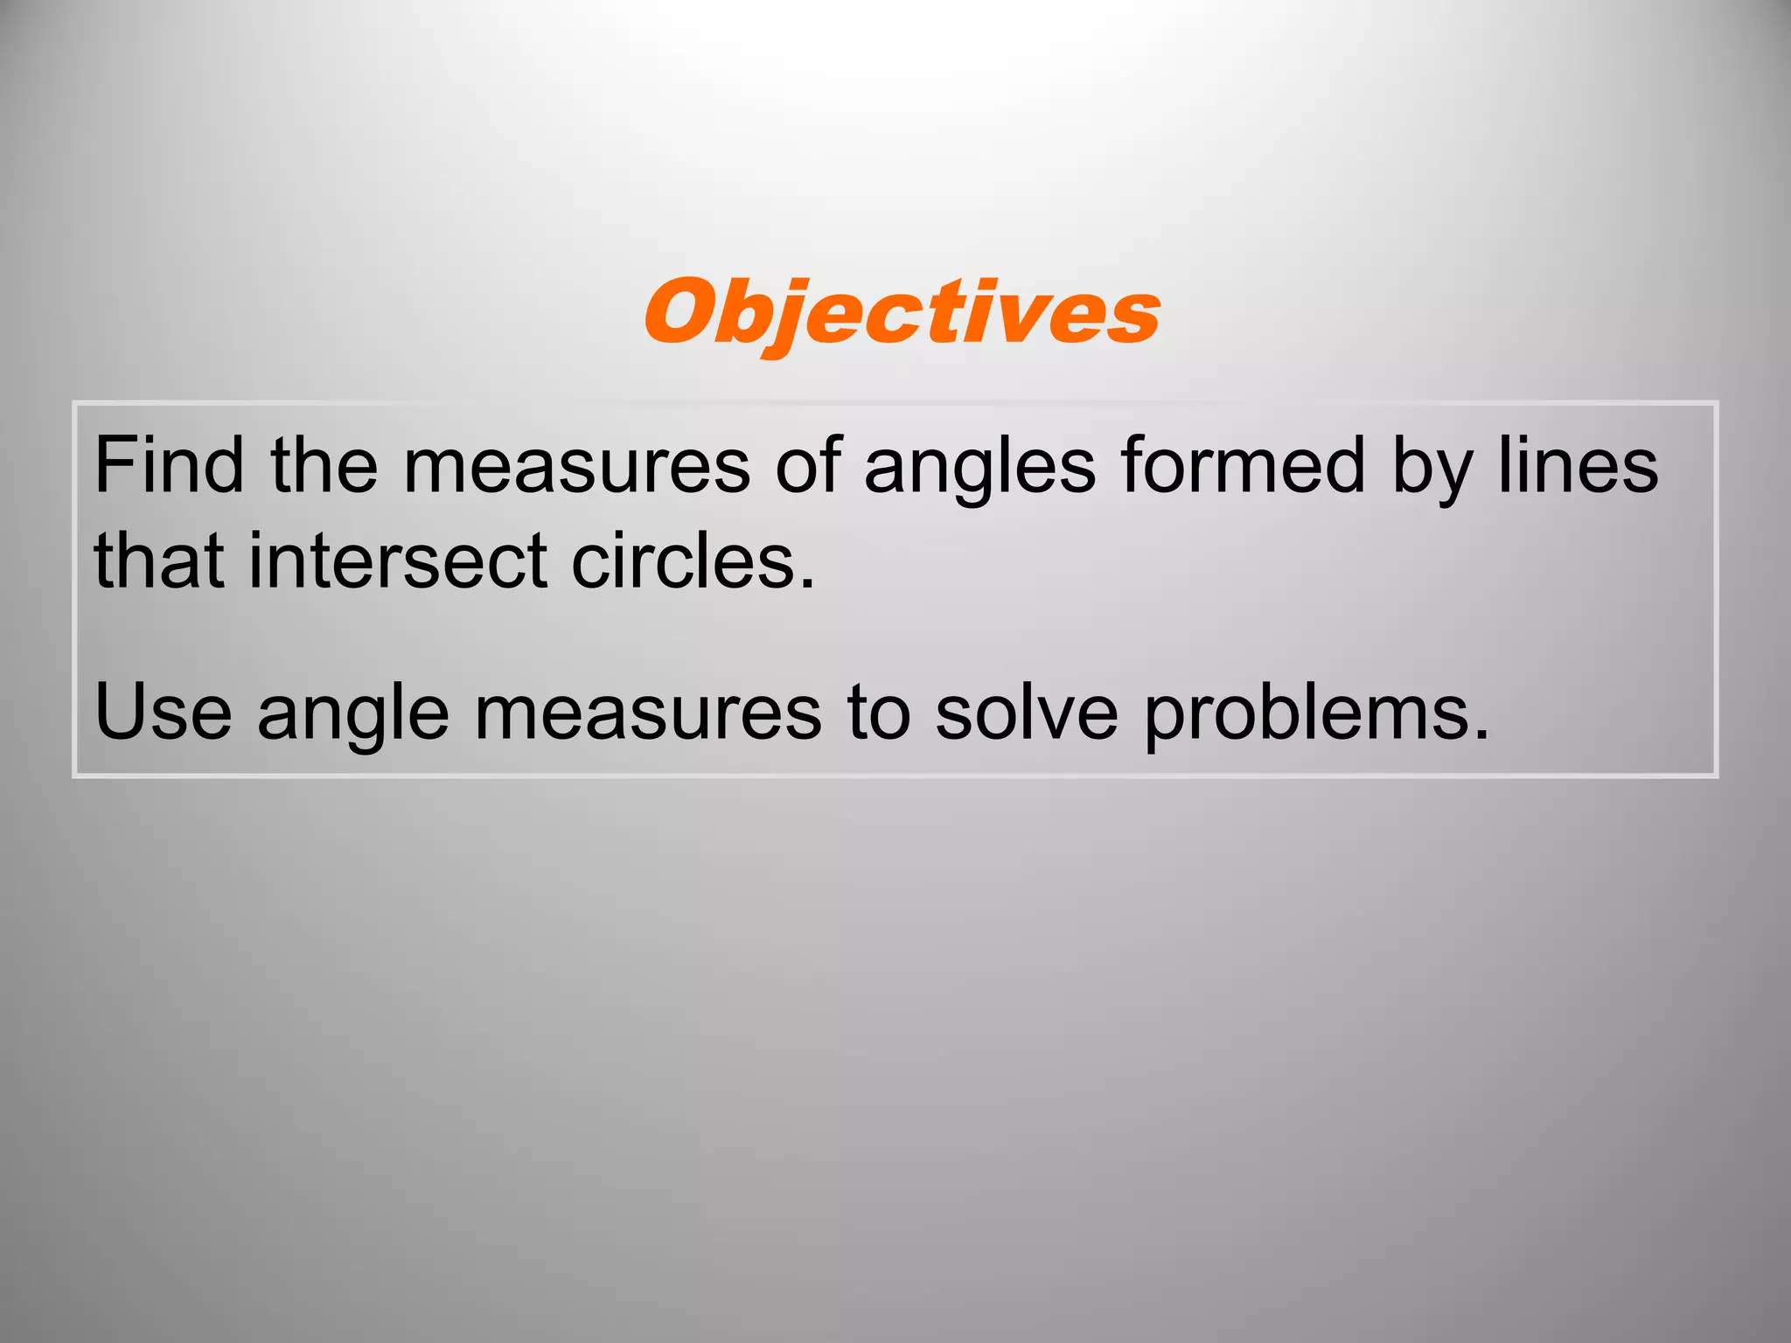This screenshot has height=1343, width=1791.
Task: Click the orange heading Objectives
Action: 902,313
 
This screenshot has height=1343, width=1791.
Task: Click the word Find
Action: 168,466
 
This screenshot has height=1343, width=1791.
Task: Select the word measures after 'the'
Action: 576,466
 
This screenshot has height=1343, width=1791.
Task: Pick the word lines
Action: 1578,466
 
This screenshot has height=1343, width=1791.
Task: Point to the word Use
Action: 163,713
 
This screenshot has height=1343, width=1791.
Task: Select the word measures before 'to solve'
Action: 648,713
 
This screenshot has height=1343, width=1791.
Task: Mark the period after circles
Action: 806,583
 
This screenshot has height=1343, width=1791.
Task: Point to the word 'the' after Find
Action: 324,466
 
